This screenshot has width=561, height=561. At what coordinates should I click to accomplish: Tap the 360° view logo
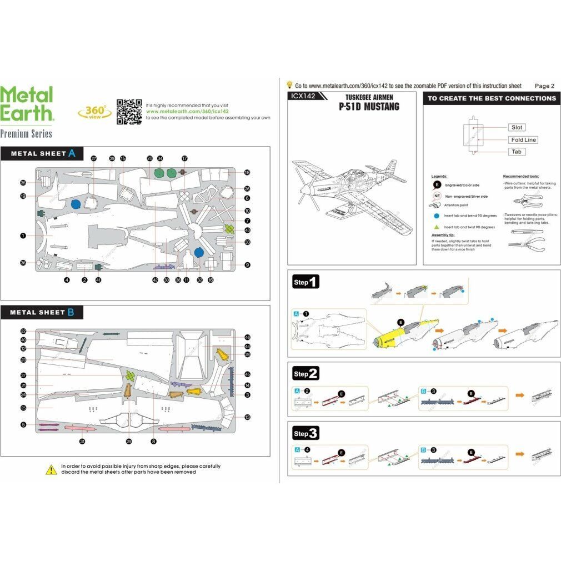(94, 112)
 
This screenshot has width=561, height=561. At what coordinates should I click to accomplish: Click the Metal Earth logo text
(27, 103)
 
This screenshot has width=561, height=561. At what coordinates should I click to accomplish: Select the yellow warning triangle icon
(51, 470)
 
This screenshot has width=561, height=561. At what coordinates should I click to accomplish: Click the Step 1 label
(305, 282)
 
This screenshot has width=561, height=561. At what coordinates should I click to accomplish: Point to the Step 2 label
(305, 374)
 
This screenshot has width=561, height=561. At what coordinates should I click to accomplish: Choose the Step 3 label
(305, 433)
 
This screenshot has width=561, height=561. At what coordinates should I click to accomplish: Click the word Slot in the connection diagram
(517, 127)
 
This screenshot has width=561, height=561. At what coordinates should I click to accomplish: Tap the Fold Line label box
(523, 140)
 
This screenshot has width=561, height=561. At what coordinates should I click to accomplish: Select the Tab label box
(517, 152)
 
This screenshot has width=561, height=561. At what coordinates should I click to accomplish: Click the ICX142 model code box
(302, 96)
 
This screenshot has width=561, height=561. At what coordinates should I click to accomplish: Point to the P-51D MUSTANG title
(368, 107)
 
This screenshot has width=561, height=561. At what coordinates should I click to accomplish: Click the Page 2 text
(544, 86)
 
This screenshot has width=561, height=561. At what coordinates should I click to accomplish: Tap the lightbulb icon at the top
(289, 85)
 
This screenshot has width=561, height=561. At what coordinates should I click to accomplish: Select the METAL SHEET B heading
(42, 312)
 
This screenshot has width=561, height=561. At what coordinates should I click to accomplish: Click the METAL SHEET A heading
(43, 153)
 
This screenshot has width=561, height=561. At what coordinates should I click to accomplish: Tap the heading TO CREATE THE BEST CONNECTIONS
(491, 98)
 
